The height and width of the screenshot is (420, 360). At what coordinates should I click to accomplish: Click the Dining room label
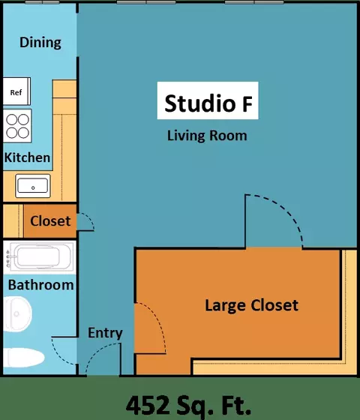pos(40,43)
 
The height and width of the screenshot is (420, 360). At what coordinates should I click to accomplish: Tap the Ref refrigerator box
pos(16,91)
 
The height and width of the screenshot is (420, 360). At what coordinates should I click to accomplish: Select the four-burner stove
pos(17,126)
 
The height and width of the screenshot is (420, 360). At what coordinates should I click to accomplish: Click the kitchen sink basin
pos(33,186)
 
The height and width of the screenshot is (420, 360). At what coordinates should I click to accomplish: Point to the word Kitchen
pos(27,157)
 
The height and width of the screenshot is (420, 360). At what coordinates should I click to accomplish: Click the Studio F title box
pos(208,100)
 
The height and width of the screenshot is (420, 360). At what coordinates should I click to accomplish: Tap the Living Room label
pos(207,136)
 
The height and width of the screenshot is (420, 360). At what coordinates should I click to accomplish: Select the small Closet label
pos(50,221)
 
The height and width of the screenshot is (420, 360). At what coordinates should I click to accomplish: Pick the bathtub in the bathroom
pos(39,256)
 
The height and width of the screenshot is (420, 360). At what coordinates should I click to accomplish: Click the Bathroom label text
pos(40,285)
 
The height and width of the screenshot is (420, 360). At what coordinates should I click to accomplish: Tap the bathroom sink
pos(17,314)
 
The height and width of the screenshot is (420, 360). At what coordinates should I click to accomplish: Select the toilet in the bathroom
pos(24,358)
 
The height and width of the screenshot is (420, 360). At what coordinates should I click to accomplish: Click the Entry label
pos(105,333)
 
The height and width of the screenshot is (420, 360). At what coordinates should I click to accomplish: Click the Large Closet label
pos(251,305)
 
